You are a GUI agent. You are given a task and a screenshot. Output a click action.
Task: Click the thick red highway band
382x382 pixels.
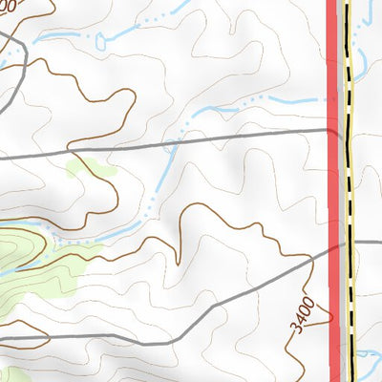coord(333,191)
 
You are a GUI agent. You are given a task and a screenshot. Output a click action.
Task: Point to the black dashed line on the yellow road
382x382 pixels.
coord(349,191)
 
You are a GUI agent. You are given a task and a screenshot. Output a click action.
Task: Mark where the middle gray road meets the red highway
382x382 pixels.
coord(333,129)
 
